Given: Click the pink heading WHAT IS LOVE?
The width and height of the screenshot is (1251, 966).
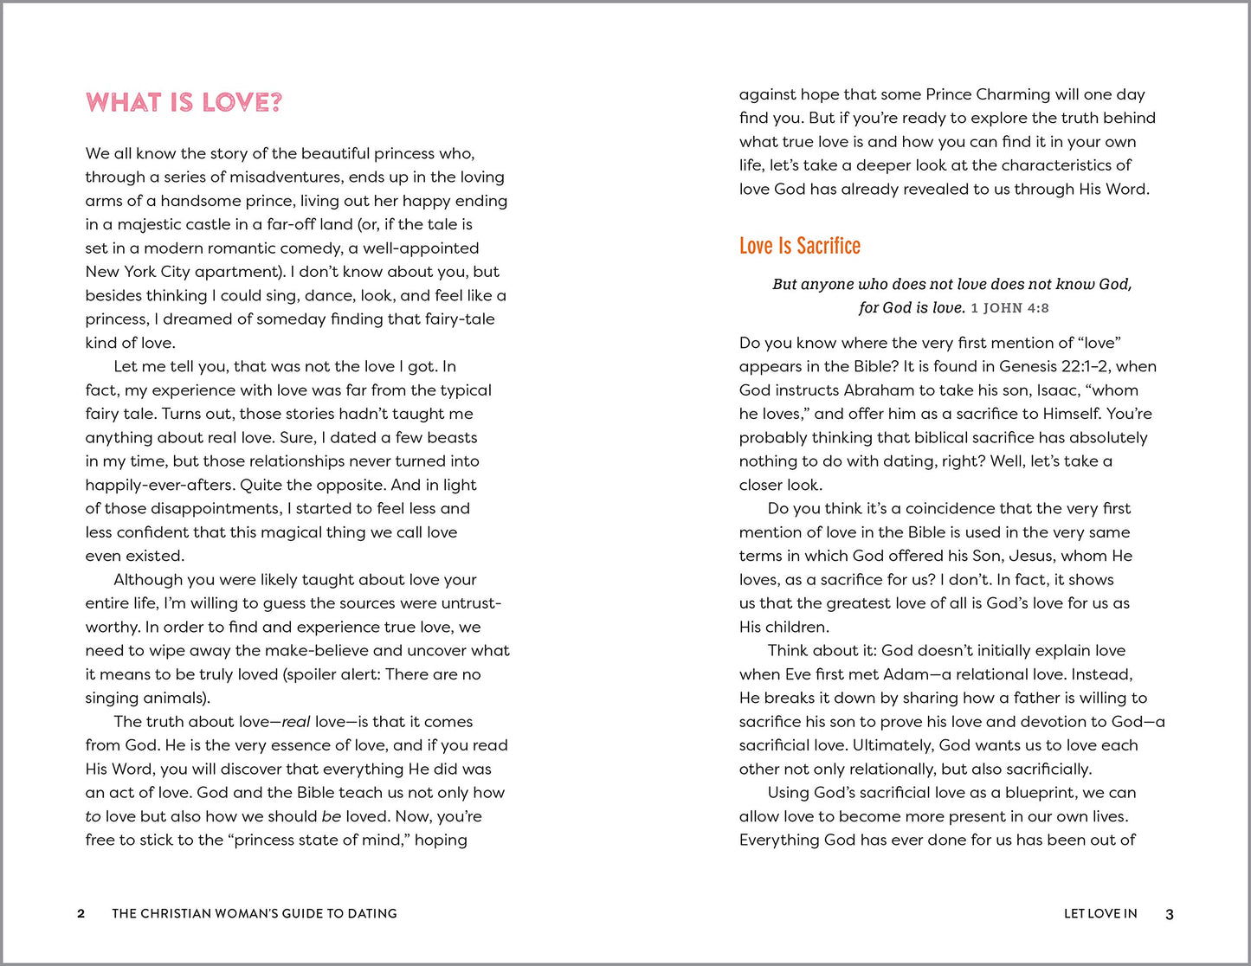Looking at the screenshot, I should tap(184, 103).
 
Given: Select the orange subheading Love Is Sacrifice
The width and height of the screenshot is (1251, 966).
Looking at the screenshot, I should tap(799, 246).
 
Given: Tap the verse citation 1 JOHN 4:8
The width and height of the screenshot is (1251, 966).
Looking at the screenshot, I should tap(1009, 308).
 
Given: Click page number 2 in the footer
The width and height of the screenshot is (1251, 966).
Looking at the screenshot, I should tap(81, 913).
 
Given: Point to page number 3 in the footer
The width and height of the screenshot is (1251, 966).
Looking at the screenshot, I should tap(1169, 914).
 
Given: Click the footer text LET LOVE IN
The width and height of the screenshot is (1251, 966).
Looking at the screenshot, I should tap(1099, 913).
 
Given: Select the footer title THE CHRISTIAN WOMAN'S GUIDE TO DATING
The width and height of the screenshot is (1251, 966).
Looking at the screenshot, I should tap(255, 913).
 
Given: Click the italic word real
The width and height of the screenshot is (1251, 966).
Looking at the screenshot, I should tap(295, 722).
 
